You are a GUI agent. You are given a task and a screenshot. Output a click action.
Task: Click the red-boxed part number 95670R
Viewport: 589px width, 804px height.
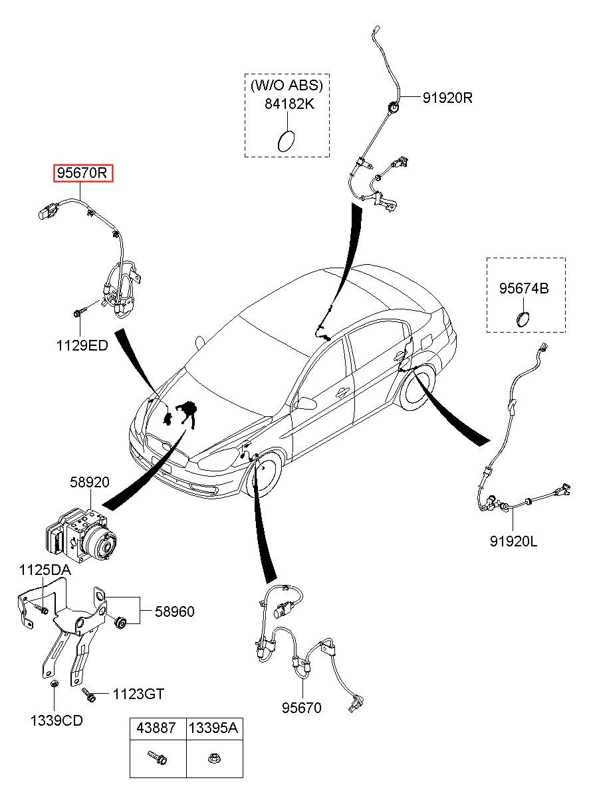pyautogui.click(x=83, y=173)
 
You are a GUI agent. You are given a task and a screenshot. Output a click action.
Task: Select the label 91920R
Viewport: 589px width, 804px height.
pyautogui.click(x=447, y=98)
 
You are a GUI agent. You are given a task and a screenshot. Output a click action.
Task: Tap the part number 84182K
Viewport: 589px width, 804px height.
pyautogui.click(x=289, y=104)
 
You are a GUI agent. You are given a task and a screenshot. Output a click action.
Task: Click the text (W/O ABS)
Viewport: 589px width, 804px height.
pyautogui.click(x=287, y=85)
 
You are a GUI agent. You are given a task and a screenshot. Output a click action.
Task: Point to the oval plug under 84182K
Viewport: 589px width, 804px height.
pyautogui.click(x=286, y=141)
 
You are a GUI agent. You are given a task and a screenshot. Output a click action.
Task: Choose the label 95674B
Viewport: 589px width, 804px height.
pyautogui.click(x=524, y=288)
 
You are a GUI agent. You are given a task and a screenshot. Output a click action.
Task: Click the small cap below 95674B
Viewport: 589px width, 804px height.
pyautogui.click(x=523, y=319)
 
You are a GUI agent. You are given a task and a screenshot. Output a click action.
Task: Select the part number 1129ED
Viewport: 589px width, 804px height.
pyautogui.click(x=82, y=346)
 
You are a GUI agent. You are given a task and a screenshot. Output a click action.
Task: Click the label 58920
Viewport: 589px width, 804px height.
pyautogui.click(x=90, y=482)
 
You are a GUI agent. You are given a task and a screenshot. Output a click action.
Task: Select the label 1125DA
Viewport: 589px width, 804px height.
pyautogui.click(x=45, y=570)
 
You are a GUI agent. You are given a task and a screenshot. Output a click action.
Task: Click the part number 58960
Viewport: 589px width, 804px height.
pyautogui.click(x=175, y=611)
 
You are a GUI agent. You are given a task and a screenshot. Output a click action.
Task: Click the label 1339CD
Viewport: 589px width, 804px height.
pyautogui.click(x=57, y=720)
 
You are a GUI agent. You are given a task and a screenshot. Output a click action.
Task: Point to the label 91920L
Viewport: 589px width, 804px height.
pyautogui.click(x=513, y=541)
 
